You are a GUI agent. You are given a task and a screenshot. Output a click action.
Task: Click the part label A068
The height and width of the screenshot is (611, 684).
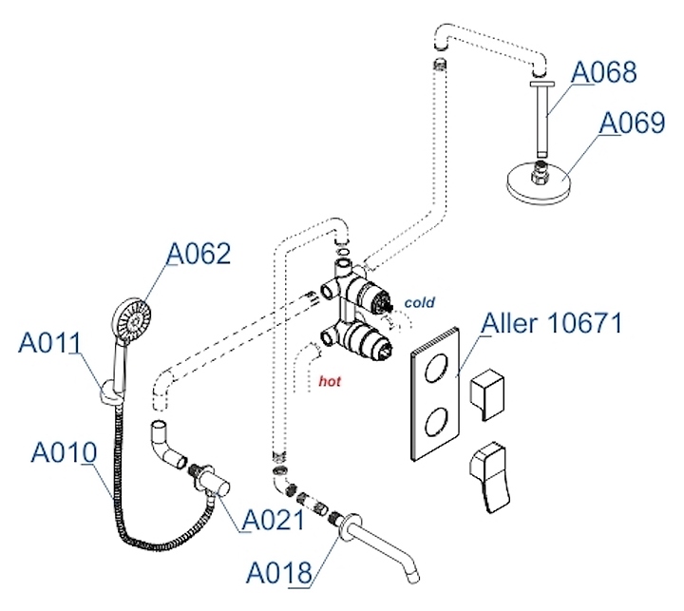click(603, 71)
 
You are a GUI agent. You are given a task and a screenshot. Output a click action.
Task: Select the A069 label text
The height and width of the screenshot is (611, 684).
click(631, 124)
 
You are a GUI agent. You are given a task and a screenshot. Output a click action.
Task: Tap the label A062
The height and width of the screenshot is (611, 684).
click(199, 254)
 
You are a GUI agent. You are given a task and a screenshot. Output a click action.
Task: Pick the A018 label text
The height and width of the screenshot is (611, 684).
click(278, 573)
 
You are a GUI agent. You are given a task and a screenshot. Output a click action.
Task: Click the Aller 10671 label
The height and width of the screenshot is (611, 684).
click(551, 323)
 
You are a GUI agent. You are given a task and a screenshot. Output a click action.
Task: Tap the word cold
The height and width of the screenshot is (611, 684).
click(419, 303)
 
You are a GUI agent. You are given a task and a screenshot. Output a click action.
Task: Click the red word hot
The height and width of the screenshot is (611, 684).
click(330, 382)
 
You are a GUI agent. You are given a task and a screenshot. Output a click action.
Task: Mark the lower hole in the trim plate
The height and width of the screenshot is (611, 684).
click(438, 419)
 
